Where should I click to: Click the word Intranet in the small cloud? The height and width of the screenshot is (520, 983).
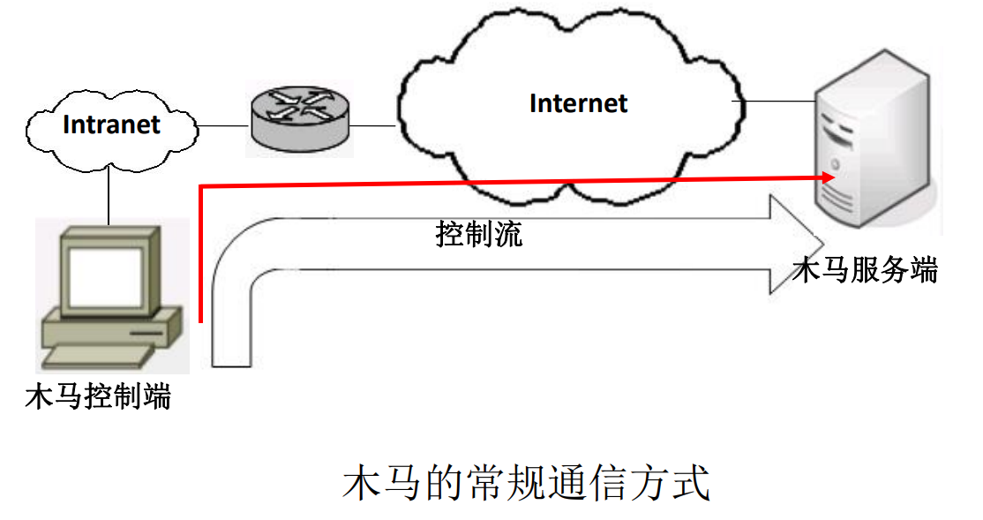[111, 124]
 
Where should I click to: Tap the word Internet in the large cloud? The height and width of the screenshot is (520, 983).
[578, 103]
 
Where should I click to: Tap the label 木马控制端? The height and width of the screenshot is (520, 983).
[98, 397]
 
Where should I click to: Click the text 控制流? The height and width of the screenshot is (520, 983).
[479, 234]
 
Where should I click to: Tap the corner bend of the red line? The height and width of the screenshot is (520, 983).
[202, 187]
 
